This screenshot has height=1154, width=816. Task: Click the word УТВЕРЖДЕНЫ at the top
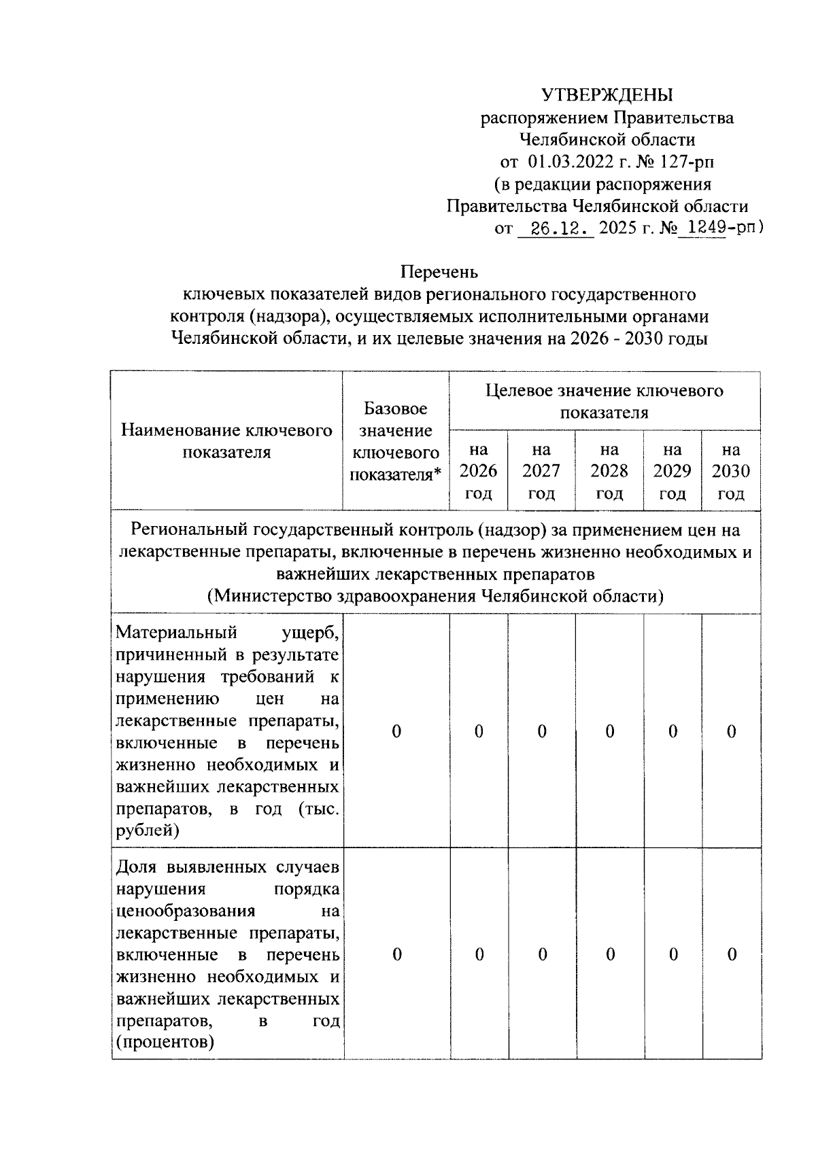[607, 95]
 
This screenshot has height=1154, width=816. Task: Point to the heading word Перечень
[439, 272]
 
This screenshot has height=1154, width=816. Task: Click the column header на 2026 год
[478, 471]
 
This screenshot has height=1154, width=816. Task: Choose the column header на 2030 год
[731, 471]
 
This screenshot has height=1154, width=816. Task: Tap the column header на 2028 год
[609, 471]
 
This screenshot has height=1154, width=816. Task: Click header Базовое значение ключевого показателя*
[396, 441]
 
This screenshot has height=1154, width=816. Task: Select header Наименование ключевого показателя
[226, 441]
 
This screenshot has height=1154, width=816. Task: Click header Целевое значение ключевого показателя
[604, 401]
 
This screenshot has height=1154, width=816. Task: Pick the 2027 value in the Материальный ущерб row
[542, 732]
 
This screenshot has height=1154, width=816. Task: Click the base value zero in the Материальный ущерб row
[396, 732]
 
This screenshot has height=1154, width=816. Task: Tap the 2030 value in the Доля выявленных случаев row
[732, 955]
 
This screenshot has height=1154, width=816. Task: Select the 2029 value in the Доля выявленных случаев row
[673, 955]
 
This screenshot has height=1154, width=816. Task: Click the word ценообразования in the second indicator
[186, 911]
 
